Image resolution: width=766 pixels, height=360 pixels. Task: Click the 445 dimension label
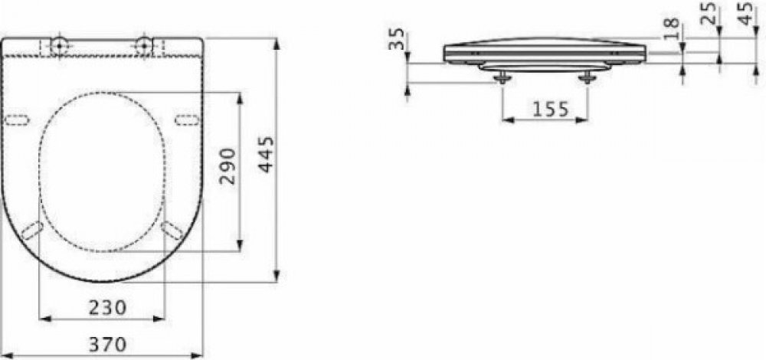pyautogui.click(x=267, y=155)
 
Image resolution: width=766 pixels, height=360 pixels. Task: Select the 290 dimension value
pyautogui.click(x=228, y=166)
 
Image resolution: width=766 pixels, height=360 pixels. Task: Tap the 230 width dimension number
pyautogui.click(x=107, y=307)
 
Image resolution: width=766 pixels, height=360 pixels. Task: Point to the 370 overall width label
pyautogui.click(x=107, y=345)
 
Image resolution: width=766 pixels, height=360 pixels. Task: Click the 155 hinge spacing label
pyautogui.click(x=551, y=110)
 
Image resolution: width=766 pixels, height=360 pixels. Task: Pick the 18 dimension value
pyautogui.click(x=673, y=29)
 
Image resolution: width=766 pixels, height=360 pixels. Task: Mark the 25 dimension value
pyautogui.click(x=708, y=14)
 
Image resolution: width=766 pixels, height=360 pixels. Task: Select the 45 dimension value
pyautogui.click(x=745, y=14)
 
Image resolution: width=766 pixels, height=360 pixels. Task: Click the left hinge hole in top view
pyautogui.click(x=60, y=45)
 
